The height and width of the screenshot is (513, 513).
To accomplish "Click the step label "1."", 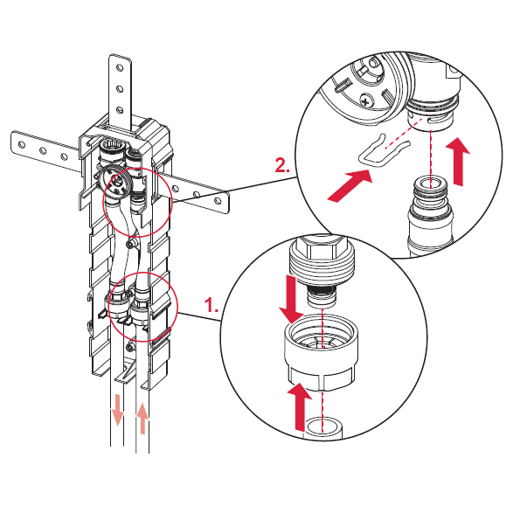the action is pyautogui.click(x=211, y=305).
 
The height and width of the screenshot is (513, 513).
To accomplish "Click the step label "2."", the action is pyautogui.click(x=282, y=165).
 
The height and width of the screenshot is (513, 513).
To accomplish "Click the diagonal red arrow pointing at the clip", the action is pyautogui.click(x=350, y=184).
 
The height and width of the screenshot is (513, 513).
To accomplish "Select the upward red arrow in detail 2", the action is pyautogui.click(x=459, y=162).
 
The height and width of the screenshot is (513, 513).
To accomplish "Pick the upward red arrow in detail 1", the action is pyautogui.click(x=299, y=406).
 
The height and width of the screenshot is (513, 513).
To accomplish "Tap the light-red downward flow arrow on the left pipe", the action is pyautogui.click(x=117, y=410).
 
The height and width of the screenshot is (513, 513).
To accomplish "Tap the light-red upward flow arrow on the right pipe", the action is pyautogui.click(x=142, y=419).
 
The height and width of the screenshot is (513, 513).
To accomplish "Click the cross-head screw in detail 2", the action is pyautogui.click(x=366, y=100).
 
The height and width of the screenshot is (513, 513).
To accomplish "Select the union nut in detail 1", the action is pyautogui.click(x=321, y=353).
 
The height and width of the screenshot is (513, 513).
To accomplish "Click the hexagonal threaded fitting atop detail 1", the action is pyautogui.click(x=320, y=260).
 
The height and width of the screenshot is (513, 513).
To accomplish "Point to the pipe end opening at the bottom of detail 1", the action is pyautogui.click(x=323, y=426).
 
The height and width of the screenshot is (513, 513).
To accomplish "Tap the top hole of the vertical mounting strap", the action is pyautogui.click(x=120, y=68).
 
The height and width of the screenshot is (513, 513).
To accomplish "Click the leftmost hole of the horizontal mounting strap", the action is pyautogui.click(x=22, y=144).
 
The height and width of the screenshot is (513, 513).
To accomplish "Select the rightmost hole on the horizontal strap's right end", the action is pyautogui.click(x=218, y=200).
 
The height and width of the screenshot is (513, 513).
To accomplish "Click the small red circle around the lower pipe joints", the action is pyautogui.click(x=143, y=306).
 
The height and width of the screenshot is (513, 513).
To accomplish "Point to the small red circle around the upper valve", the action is pyautogui.click(x=138, y=202).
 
